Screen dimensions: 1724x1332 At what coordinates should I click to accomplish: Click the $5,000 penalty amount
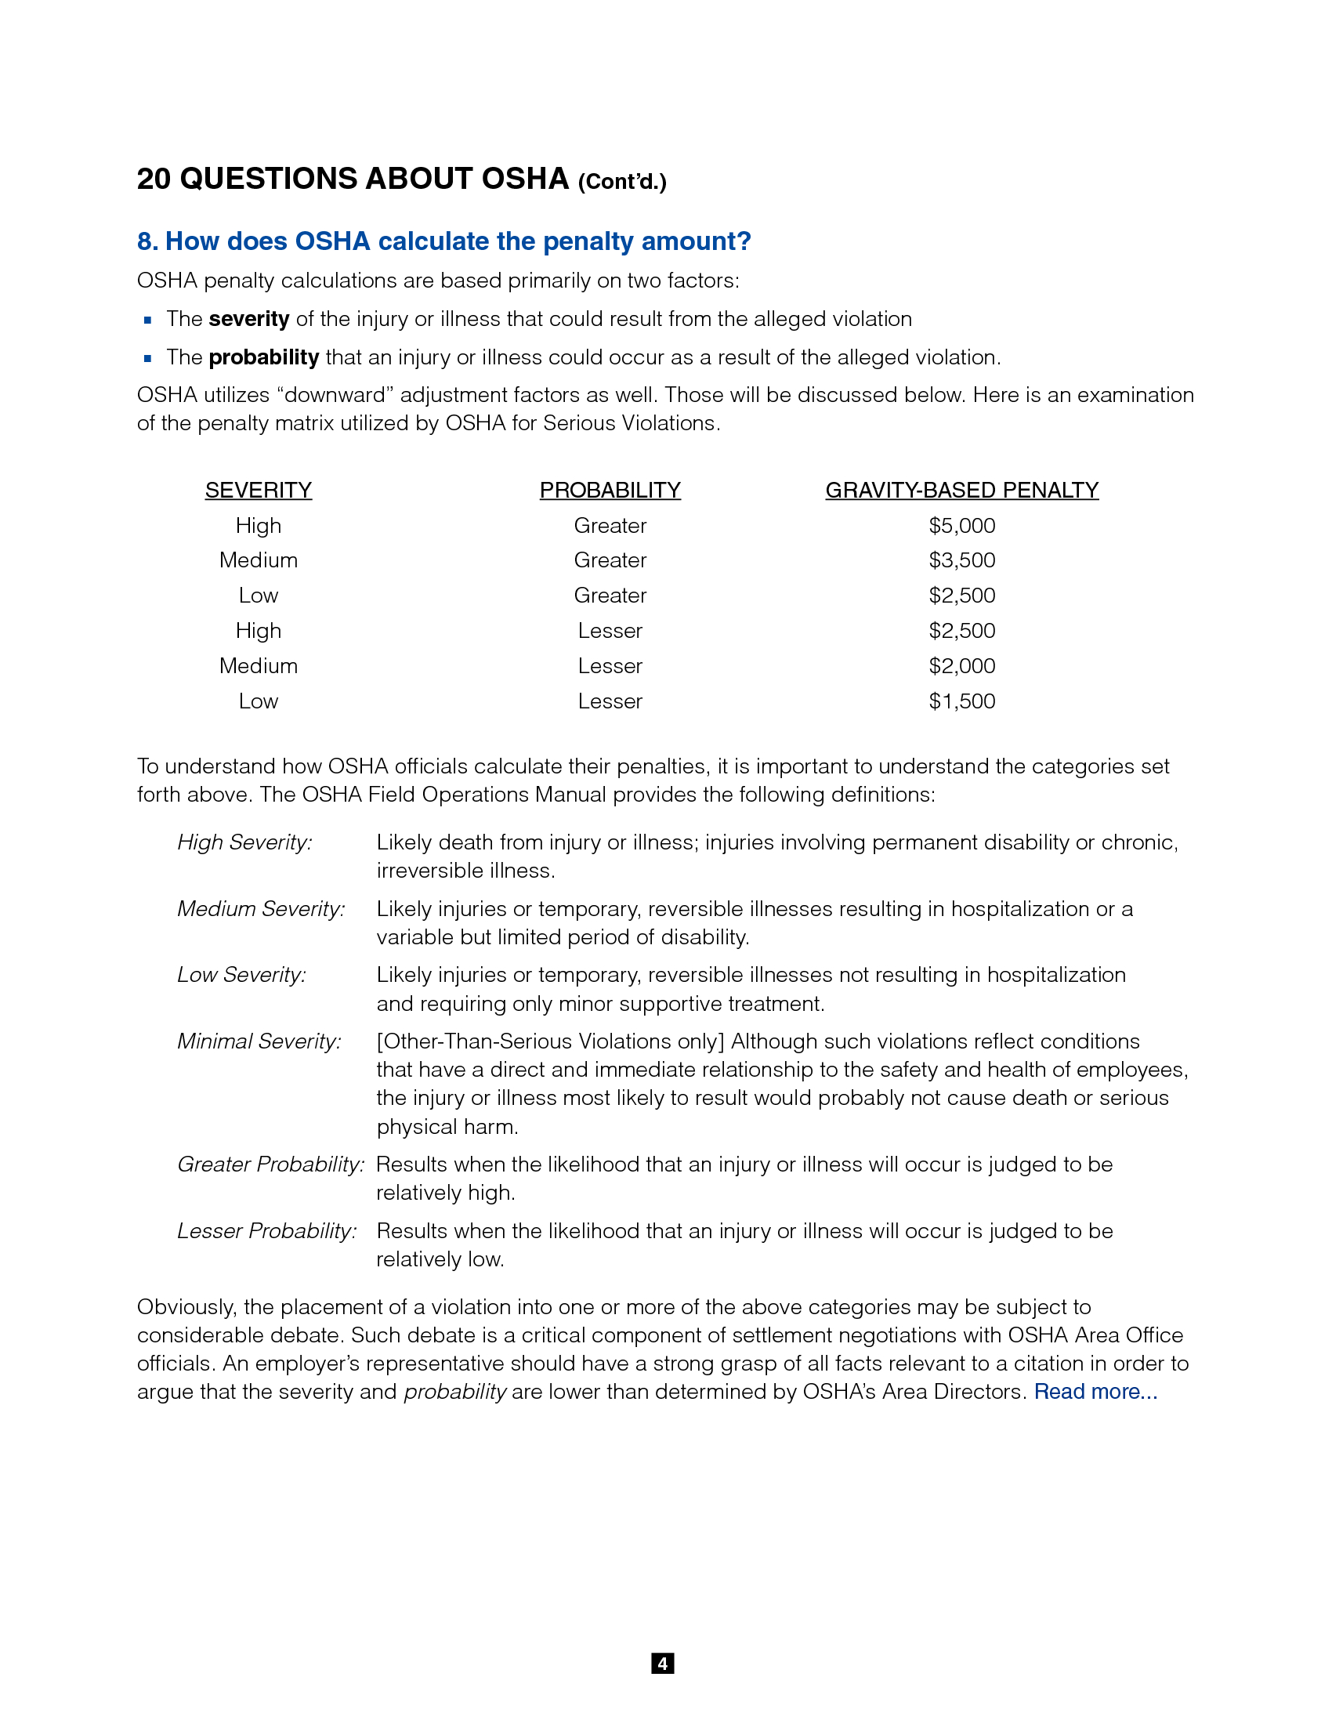pyautogui.click(x=961, y=526)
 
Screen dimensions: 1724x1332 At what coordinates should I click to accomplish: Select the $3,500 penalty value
pyautogui.click(x=961, y=560)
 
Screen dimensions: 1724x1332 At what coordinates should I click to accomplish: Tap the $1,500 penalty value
pyautogui.click(x=961, y=701)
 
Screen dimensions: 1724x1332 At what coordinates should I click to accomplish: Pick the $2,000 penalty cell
pyautogui.click(x=961, y=666)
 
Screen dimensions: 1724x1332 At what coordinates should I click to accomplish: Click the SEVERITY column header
pyautogui.click(x=258, y=491)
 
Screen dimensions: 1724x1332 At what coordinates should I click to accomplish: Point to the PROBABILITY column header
pyautogui.click(x=610, y=491)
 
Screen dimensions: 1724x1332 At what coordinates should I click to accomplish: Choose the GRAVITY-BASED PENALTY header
pyautogui.click(x=961, y=491)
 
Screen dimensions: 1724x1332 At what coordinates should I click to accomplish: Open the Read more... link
pyautogui.click(x=1095, y=1391)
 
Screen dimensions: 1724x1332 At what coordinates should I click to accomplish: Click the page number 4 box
pyautogui.click(x=662, y=1663)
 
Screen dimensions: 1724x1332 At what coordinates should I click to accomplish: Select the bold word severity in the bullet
pyautogui.click(x=248, y=319)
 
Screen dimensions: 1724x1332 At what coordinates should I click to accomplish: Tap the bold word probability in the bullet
pyautogui.click(x=263, y=357)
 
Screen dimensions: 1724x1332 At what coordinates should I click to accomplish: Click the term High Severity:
pyautogui.click(x=244, y=842)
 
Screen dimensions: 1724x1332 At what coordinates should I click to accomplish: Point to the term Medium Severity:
pyautogui.click(x=261, y=908)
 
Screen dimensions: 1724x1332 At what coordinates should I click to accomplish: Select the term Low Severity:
pyautogui.click(x=241, y=975)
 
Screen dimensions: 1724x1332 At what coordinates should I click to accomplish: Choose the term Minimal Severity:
pyautogui.click(x=259, y=1041)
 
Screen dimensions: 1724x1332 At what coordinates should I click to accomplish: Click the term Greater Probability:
pyautogui.click(x=270, y=1164)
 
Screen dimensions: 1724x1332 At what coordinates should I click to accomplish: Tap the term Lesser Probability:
pyautogui.click(x=266, y=1230)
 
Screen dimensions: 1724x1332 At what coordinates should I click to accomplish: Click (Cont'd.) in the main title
pyautogui.click(x=622, y=182)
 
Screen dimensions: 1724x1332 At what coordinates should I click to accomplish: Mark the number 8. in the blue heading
pyautogui.click(x=147, y=241)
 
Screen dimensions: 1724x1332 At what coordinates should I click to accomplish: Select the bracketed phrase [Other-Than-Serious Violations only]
pyautogui.click(x=550, y=1041)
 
